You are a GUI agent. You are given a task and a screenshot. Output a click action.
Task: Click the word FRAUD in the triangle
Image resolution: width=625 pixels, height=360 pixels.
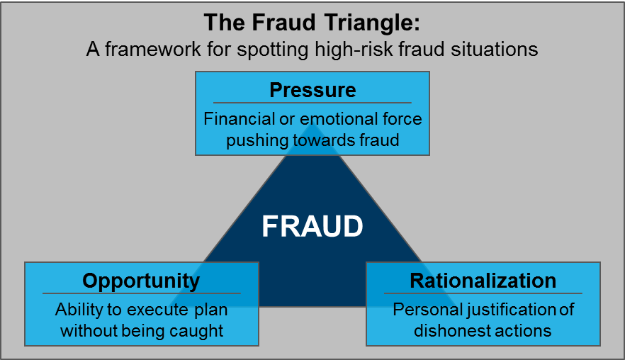312,226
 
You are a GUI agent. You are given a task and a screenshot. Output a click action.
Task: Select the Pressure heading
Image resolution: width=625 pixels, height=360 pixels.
312,91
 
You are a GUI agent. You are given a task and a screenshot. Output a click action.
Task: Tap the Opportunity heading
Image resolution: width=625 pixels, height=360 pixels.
141,281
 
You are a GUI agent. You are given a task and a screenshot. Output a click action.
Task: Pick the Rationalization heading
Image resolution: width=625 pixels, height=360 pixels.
483,281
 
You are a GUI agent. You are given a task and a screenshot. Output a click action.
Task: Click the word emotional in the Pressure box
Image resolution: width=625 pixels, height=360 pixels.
331,118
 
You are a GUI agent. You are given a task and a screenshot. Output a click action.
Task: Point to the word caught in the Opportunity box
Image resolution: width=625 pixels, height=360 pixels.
200,331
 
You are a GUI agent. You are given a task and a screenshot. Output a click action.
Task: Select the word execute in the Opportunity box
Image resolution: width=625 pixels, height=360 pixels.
150,310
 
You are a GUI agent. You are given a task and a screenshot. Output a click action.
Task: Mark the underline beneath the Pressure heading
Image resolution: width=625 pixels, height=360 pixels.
312,103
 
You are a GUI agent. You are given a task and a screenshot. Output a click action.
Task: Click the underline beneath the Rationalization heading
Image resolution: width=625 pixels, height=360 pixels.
483,293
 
